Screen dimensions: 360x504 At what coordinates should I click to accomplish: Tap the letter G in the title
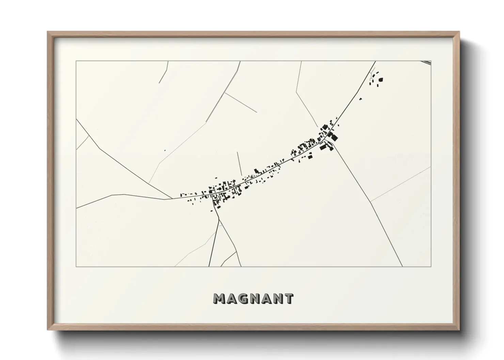point(242,299)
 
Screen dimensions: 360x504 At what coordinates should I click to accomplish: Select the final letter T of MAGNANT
point(288,299)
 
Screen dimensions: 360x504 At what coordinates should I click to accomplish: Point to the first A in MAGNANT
point(231,299)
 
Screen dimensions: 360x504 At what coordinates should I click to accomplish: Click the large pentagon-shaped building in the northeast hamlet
point(381,80)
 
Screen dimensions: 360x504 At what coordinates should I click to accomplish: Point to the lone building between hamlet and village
point(360,99)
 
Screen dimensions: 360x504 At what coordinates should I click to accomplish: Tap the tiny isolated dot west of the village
point(165,150)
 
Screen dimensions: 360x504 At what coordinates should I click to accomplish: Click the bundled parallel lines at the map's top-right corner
point(426,62)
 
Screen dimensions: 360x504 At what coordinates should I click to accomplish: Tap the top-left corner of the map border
point(76,61)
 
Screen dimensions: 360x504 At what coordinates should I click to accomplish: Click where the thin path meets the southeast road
point(371,201)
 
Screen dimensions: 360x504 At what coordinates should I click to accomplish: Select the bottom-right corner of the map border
point(431,266)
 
